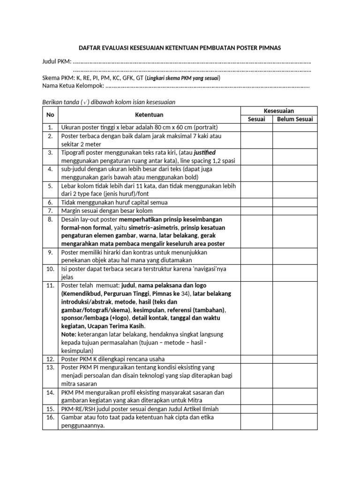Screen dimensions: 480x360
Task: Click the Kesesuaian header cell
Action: pyautogui.click(x=279, y=111)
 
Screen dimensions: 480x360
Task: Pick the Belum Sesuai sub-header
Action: pyautogui.click(x=295, y=119)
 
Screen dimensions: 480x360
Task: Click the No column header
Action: pyautogui.click(x=50, y=115)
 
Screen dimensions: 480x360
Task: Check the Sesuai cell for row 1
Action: pyautogui.click(x=256, y=127)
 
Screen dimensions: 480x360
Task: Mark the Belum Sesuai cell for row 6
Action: pyautogui.click(x=295, y=202)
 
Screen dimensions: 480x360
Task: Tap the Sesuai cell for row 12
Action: pyautogui.click(x=256, y=359)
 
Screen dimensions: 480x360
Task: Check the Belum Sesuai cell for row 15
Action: pyautogui.click(x=295, y=409)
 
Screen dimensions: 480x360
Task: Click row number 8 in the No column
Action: pyautogui.click(x=50, y=219)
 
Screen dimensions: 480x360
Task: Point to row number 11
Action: pyautogui.click(x=50, y=285)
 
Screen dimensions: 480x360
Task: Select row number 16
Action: pyautogui.click(x=50, y=417)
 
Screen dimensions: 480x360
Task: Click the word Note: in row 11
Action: pyautogui.click(x=68, y=334)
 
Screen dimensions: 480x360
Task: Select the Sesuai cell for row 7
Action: pyautogui.click(x=256, y=211)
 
